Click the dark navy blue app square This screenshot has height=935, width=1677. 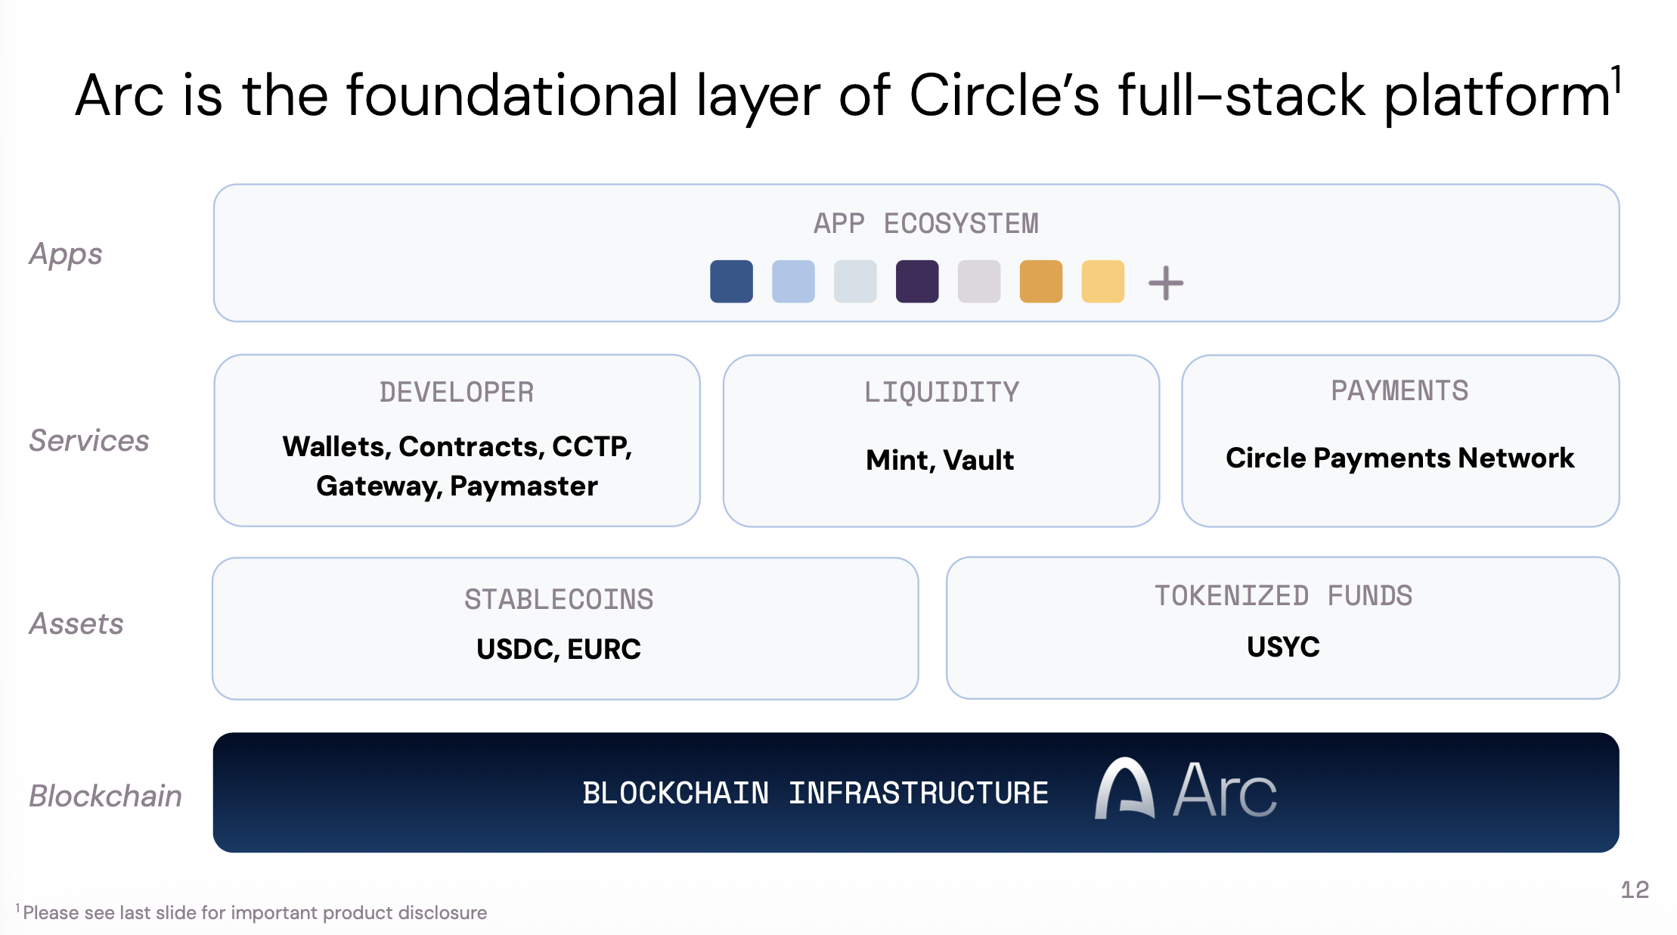click(x=731, y=281)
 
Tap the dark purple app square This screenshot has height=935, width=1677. click(x=917, y=281)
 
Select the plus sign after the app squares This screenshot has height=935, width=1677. click(x=1166, y=283)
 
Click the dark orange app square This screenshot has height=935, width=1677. click(x=1041, y=281)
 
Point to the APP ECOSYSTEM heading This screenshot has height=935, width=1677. click(x=925, y=224)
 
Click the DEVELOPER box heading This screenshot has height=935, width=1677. click(x=457, y=393)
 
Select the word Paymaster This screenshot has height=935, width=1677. click(x=523, y=486)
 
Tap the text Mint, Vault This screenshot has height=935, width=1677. click(x=940, y=460)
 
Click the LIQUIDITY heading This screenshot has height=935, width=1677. click(x=941, y=393)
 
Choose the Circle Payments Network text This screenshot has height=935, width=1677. click(x=1400, y=458)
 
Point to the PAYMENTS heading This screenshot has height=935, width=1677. click(x=1400, y=391)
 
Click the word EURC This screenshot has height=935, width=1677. click(x=603, y=649)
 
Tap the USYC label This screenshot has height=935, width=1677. click(x=1283, y=647)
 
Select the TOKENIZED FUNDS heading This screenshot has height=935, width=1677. click(x=1283, y=596)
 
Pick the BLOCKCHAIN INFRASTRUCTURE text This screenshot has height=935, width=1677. click(x=815, y=794)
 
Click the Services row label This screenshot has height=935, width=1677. click(x=89, y=441)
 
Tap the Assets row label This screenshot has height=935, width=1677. click(x=76, y=624)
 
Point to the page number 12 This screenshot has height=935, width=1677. click(x=1635, y=890)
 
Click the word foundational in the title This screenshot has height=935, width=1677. click(x=512, y=96)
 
